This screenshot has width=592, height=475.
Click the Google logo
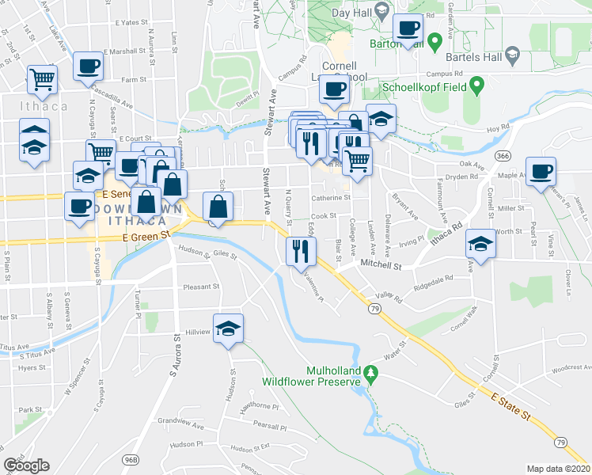coord(27,465)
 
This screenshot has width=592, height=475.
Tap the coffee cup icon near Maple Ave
coord(541,171)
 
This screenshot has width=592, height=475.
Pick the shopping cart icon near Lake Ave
coord(42,78)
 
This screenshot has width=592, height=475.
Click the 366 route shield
coord(503,157)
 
